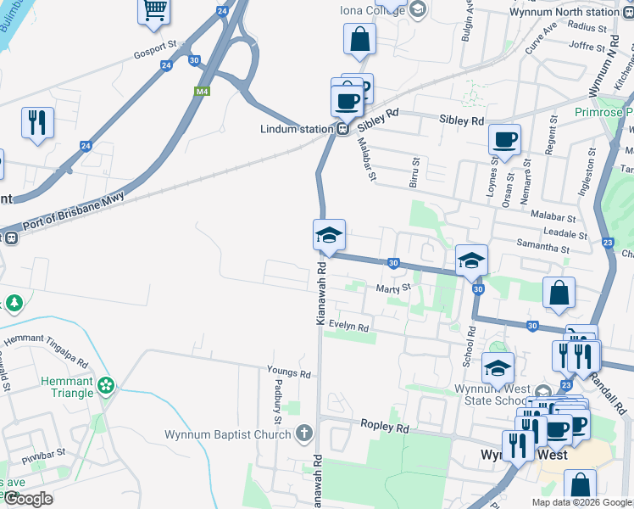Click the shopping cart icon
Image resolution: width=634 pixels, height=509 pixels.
(x=154, y=10)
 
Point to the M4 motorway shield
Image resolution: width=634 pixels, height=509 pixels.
(x=202, y=92)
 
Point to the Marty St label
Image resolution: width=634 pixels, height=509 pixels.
(x=393, y=288)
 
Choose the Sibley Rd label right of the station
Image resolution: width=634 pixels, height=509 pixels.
(x=461, y=120)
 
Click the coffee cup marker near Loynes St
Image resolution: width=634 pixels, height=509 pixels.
(x=504, y=140)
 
